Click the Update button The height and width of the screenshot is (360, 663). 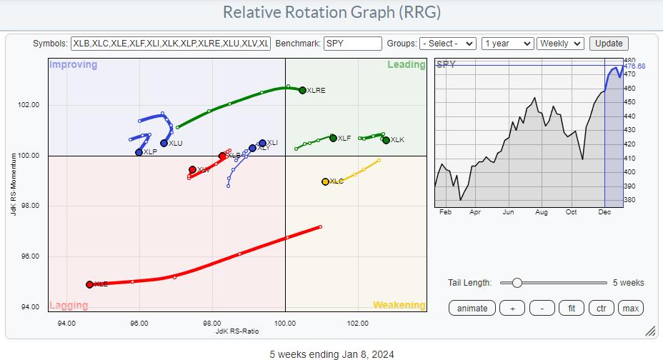point(609,44)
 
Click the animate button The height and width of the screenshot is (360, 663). point(472,308)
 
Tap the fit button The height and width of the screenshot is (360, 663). point(571,308)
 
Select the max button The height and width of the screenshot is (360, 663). point(630,308)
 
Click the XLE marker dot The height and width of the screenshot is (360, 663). point(89,284)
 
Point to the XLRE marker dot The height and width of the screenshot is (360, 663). point(302,90)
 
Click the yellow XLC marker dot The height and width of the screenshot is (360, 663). point(325,181)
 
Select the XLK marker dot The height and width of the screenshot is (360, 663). point(386,140)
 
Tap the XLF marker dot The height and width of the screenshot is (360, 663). point(333,138)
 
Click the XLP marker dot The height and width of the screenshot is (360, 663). point(139,152)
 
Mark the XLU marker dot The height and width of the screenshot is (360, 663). point(164,143)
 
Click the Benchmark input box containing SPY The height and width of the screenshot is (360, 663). point(352,44)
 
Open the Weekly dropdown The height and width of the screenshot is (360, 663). point(560,44)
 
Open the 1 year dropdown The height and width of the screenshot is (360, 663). point(507,44)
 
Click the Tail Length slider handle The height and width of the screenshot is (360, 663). point(517,283)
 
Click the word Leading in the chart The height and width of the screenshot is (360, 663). point(407,65)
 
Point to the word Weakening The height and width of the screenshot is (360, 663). point(399,305)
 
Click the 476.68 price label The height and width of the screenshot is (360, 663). point(634,66)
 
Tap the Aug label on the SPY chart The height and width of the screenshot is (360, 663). point(540,213)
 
